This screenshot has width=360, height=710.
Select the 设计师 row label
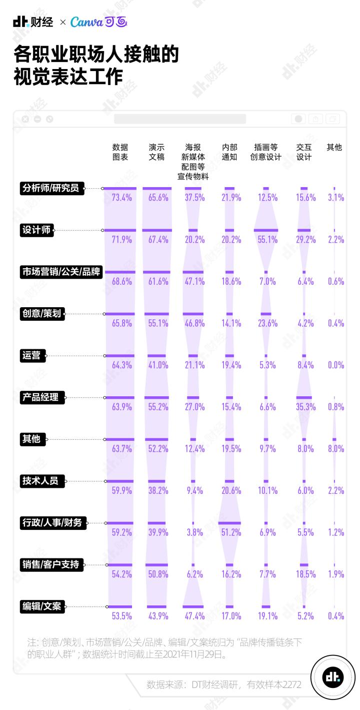point(36,230)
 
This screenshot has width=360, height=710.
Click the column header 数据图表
point(120,152)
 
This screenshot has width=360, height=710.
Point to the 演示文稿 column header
point(156,152)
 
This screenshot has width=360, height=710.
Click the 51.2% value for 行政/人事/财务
point(231,532)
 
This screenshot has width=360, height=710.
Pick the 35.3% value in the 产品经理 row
point(305,407)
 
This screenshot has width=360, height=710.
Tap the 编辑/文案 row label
point(42,606)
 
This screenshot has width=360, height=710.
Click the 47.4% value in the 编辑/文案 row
point(194,616)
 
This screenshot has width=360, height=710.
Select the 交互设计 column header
point(304,152)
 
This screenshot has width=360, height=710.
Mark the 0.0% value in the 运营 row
point(336,365)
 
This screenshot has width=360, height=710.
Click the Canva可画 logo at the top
point(99,22)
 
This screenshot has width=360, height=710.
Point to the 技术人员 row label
point(40,481)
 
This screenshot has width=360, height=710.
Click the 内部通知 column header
point(230,152)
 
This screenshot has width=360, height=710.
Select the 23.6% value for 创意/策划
point(267,323)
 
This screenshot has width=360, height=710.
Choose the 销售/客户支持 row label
point(50,564)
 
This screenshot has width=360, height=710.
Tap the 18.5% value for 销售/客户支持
point(305,574)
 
